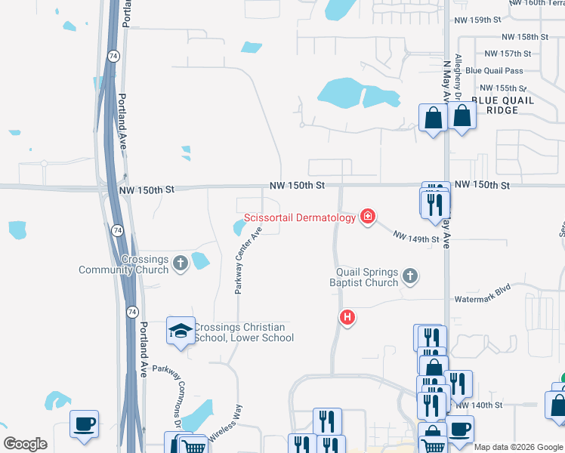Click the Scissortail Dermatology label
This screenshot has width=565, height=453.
click(x=299, y=217)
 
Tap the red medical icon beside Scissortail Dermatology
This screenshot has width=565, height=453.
click(x=368, y=217)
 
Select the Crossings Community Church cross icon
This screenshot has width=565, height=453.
click(x=181, y=263)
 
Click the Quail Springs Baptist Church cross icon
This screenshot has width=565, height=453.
click(x=409, y=276)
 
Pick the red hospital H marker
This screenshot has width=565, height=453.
click(x=347, y=317)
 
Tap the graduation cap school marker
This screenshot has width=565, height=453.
click(x=181, y=331)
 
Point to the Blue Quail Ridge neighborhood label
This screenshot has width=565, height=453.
click(x=502, y=105)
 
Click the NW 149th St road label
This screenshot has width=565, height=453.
click(x=415, y=239)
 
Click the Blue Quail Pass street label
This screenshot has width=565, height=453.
click(x=494, y=70)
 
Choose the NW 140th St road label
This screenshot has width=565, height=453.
click(x=479, y=405)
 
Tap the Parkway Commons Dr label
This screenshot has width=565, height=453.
click(x=169, y=388)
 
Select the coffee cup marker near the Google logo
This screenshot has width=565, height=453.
click(x=85, y=424)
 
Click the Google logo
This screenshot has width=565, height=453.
click(x=25, y=444)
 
